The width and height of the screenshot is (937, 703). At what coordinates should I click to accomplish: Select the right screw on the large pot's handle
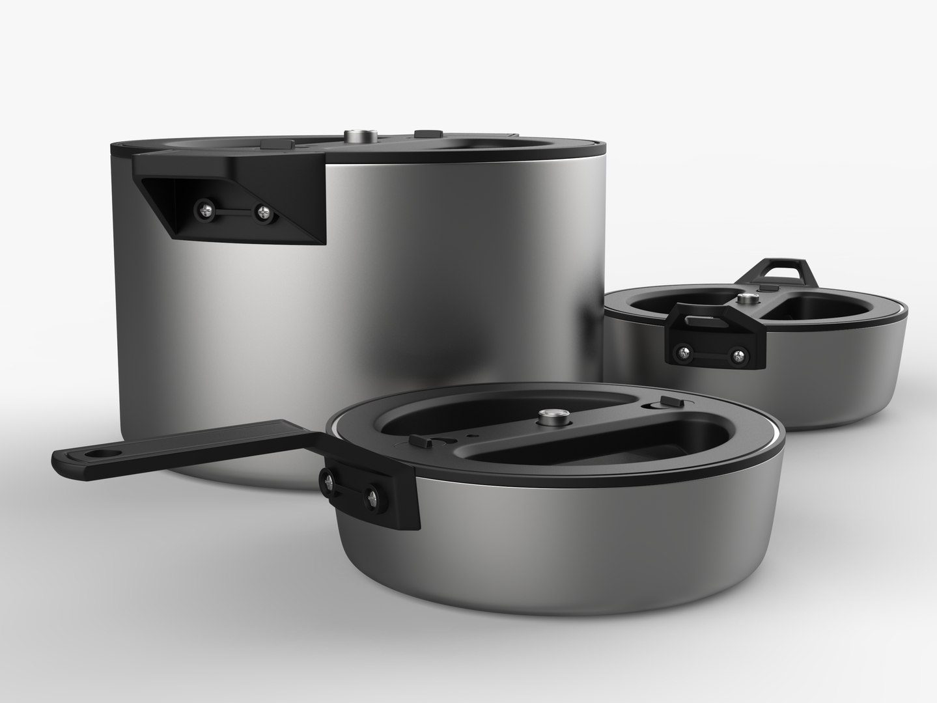point(263,212)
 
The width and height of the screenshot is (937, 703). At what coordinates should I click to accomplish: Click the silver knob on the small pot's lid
point(746,299)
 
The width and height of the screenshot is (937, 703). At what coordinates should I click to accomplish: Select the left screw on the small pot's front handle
point(683,352)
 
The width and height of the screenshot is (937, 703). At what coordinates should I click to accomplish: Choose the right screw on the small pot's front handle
point(738,355)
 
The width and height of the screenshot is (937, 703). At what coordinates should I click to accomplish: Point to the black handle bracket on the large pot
point(234,195)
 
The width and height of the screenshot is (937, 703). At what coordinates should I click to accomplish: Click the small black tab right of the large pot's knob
point(427,133)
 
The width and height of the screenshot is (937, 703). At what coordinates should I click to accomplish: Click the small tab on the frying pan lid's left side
point(420,443)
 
